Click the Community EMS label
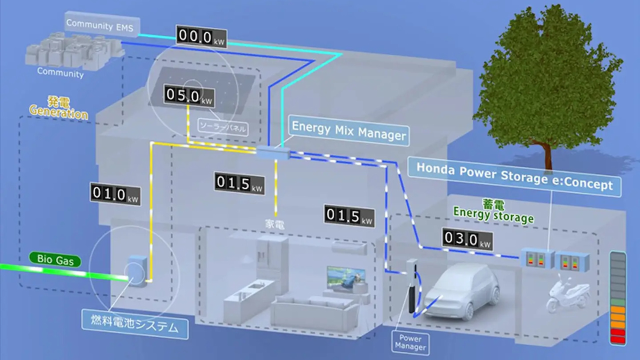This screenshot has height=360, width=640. [100, 25]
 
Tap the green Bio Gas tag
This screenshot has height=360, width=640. [55, 259]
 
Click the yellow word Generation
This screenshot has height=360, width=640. [58, 113]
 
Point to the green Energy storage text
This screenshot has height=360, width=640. [493, 217]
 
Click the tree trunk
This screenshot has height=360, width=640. [548, 155]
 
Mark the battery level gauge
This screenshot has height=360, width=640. [618, 298]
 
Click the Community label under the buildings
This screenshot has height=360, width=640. [60, 73]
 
